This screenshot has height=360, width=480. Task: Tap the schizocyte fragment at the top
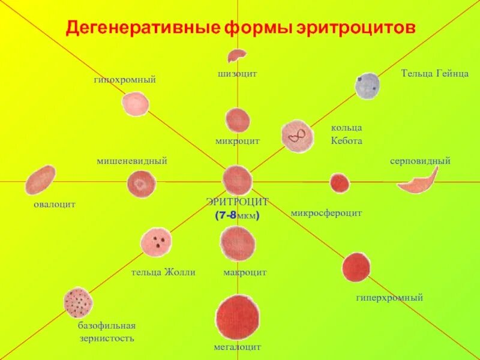pos(236,56)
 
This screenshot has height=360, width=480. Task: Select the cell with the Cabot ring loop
pos(297,136)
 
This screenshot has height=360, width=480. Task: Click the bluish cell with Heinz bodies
pos(367,86)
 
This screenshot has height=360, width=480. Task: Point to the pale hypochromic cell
pos(136,103)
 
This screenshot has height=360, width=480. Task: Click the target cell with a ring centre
pos(142,184)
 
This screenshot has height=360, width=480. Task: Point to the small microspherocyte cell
pos(340,183)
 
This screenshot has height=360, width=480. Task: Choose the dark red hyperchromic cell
pos(356,267)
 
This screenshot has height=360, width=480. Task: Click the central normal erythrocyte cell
pos(238,180)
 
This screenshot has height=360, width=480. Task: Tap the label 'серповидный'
pos(420,161)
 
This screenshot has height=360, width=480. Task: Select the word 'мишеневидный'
pos(132,161)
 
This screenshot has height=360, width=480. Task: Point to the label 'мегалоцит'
pos(238,347)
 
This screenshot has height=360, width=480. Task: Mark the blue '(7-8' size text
pos(226,215)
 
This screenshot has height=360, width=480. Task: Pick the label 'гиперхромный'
pos(390,297)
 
